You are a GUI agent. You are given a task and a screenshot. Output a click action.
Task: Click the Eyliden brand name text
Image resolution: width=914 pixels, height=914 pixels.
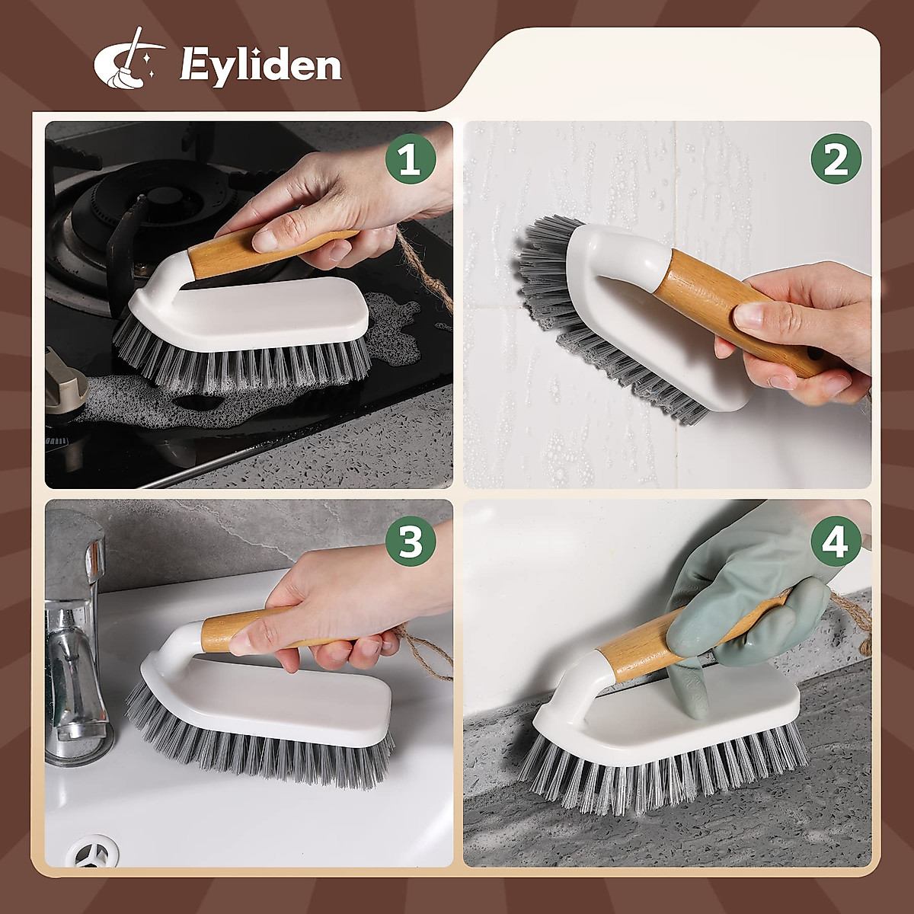260,66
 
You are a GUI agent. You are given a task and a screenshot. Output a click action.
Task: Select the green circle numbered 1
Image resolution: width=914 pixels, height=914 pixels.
410,161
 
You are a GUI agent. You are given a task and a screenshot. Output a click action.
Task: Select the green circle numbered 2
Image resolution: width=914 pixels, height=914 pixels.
836,161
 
